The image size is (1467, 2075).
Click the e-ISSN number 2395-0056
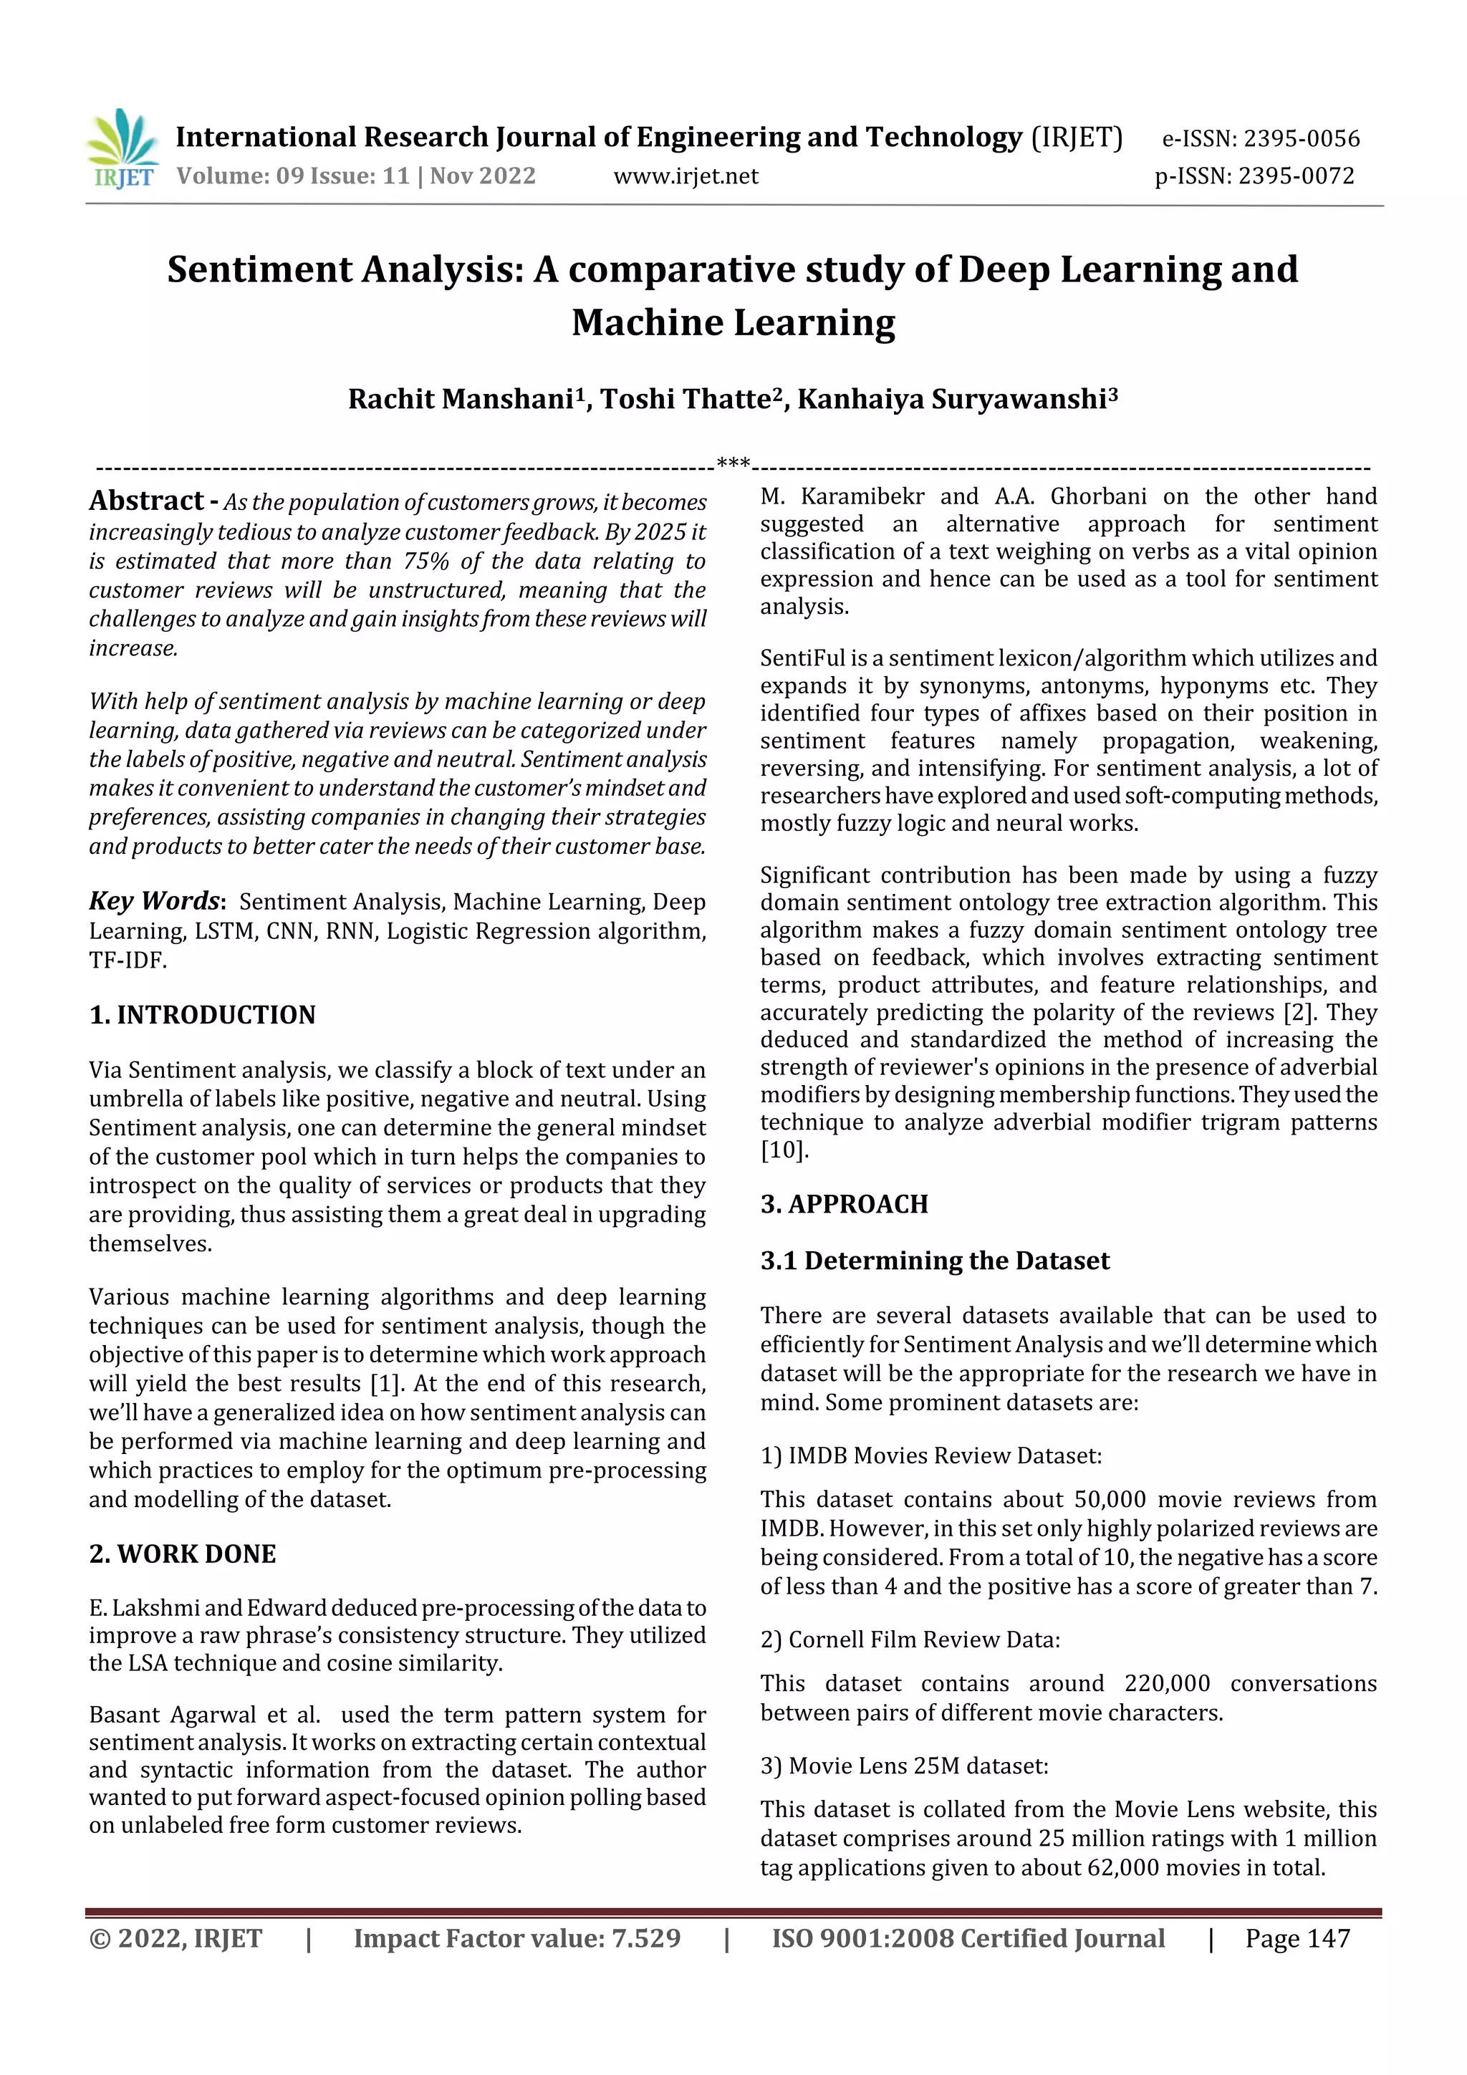1301,138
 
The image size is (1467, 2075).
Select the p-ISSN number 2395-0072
1295,176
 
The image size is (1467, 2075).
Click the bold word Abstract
146,501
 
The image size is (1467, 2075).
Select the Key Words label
155,901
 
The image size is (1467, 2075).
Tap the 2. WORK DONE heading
182,1554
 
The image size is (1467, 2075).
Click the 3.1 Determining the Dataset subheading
934,1261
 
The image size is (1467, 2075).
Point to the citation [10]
784,1150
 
